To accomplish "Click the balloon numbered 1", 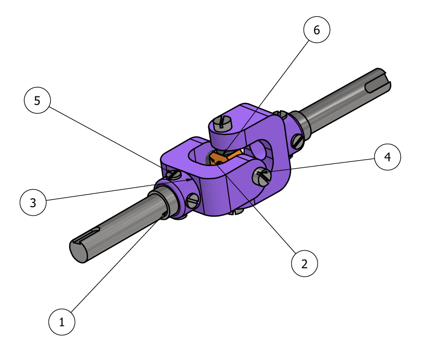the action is pos(62,322).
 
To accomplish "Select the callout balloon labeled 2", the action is pos(304,264).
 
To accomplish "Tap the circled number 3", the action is pos(33,202).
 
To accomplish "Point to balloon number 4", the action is pos(388,157).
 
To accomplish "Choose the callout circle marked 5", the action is pos(37,100).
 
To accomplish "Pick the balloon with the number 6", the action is pos(317,30).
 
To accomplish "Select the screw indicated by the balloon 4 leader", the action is pos(262,176).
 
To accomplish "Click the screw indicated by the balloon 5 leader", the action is pos(173,175).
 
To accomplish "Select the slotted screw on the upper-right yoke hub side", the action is pos(298,141).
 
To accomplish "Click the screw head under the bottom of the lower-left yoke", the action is pos(236,211).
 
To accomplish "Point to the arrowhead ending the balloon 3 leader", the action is pos(189,180).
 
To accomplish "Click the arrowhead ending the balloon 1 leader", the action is pos(164,216).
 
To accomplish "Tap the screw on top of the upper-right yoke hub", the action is pos(281,114).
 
